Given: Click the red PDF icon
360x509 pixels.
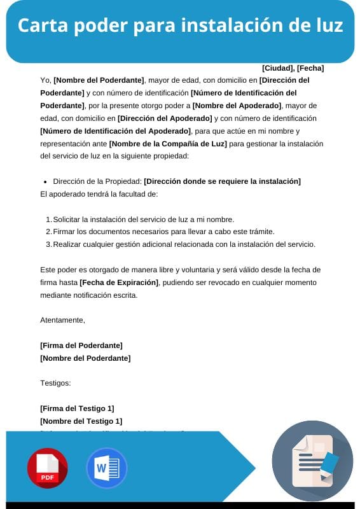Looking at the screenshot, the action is [x=48, y=468].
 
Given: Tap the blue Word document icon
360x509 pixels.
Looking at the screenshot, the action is [x=106, y=468].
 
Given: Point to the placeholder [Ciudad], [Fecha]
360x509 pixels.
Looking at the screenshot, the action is [x=293, y=68].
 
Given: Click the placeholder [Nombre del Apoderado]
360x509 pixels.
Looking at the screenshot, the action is [x=237, y=106].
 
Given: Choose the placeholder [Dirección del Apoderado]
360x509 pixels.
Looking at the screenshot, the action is [x=165, y=118].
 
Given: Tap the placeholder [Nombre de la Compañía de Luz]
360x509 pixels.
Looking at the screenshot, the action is [x=168, y=143].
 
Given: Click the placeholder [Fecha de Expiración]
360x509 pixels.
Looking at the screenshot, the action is [x=118, y=282].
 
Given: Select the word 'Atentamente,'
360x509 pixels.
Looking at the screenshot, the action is [x=62, y=320].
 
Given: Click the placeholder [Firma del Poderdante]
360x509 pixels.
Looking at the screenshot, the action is [x=81, y=345].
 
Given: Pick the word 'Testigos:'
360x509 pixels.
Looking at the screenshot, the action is [x=55, y=383].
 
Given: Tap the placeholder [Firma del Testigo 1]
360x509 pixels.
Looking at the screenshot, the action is [x=77, y=408].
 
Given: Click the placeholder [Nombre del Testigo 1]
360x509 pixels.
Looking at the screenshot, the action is [x=81, y=421].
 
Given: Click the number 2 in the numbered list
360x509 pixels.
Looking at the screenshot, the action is [x=48, y=232].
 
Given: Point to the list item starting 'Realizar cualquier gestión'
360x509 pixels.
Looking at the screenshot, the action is [x=184, y=244].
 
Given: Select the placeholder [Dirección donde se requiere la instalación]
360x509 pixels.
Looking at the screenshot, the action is [x=222, y=181].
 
